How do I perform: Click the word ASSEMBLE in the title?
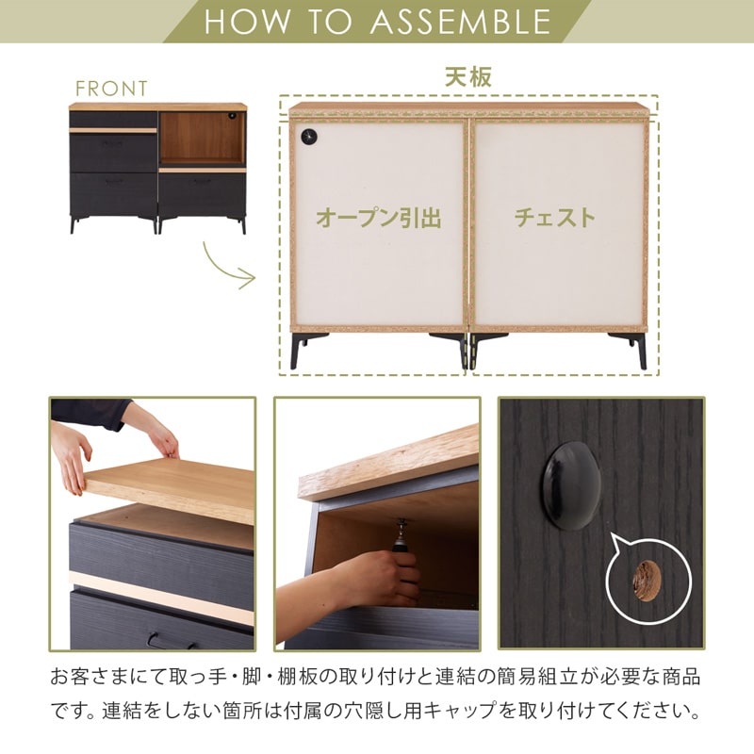[x=460, y=22]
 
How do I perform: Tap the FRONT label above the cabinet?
[x=111, y=89]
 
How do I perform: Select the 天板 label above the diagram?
[x=468, y=77]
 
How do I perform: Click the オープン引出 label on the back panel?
[x=378, y=219]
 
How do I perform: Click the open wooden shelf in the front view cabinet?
[x=202, y=139]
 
